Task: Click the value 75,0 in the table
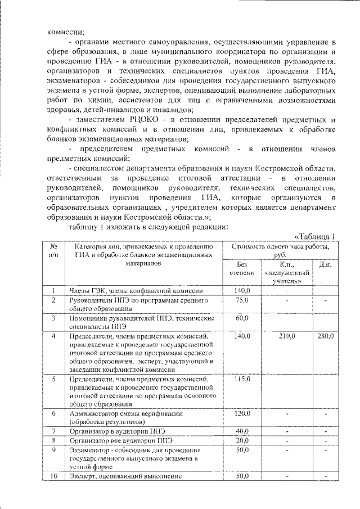click(242, 300)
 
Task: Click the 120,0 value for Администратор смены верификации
click(242, 414)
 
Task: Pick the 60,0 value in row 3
click(242, 318)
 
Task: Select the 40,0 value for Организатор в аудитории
click(242, 431)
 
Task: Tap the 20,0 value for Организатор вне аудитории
click(242, 440)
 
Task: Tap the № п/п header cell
click(54, 250)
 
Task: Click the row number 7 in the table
click(54, 431)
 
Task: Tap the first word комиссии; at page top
click(65, 32)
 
